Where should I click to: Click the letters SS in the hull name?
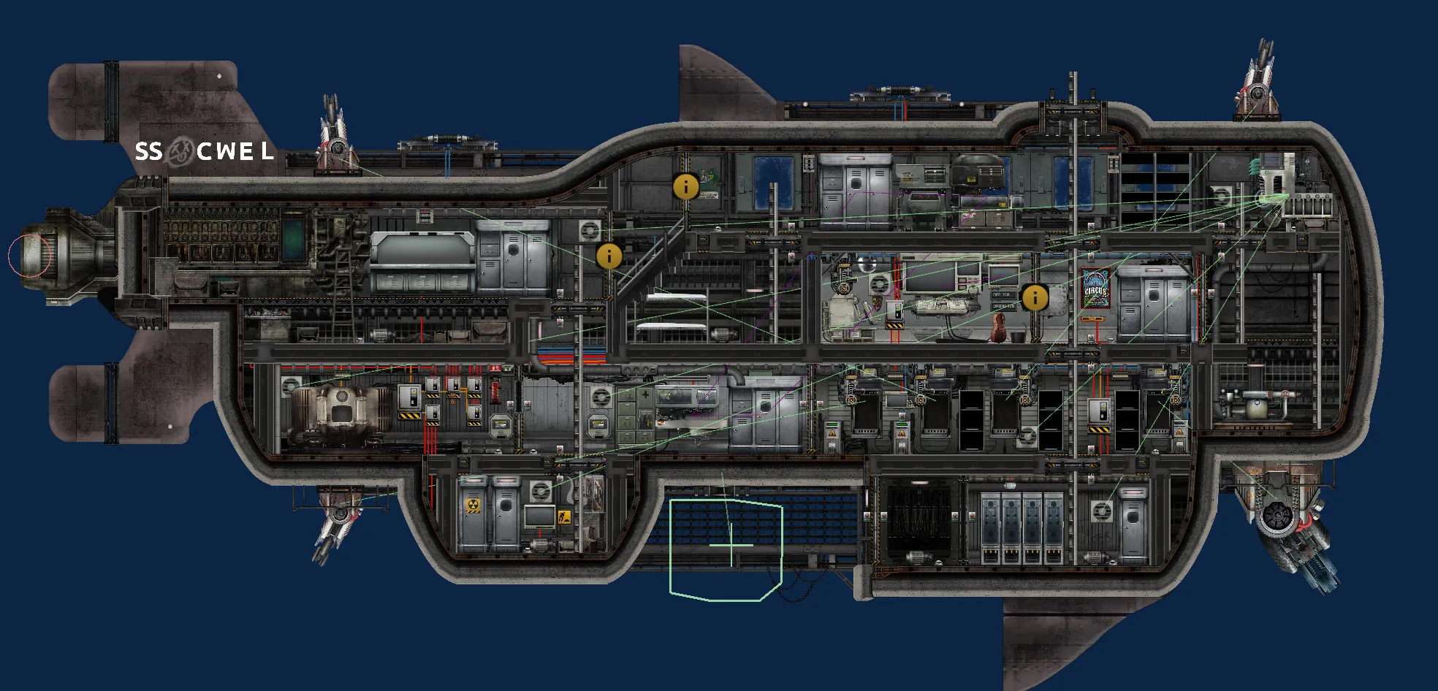coord(148,151)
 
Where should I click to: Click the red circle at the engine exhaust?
coord(30,255)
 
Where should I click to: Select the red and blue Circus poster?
coord(1096,289)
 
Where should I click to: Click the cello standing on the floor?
coord(997,329)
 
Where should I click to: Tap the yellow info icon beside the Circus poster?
coord(1035,297)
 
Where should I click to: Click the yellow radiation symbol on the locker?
coord(473,506)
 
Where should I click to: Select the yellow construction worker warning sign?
coord(563,517)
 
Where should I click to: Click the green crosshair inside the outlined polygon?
coord(731,544)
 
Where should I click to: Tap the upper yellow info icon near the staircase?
coord(685,187)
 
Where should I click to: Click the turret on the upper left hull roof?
coord(335,142)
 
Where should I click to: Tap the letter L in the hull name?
coord(267,151)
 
